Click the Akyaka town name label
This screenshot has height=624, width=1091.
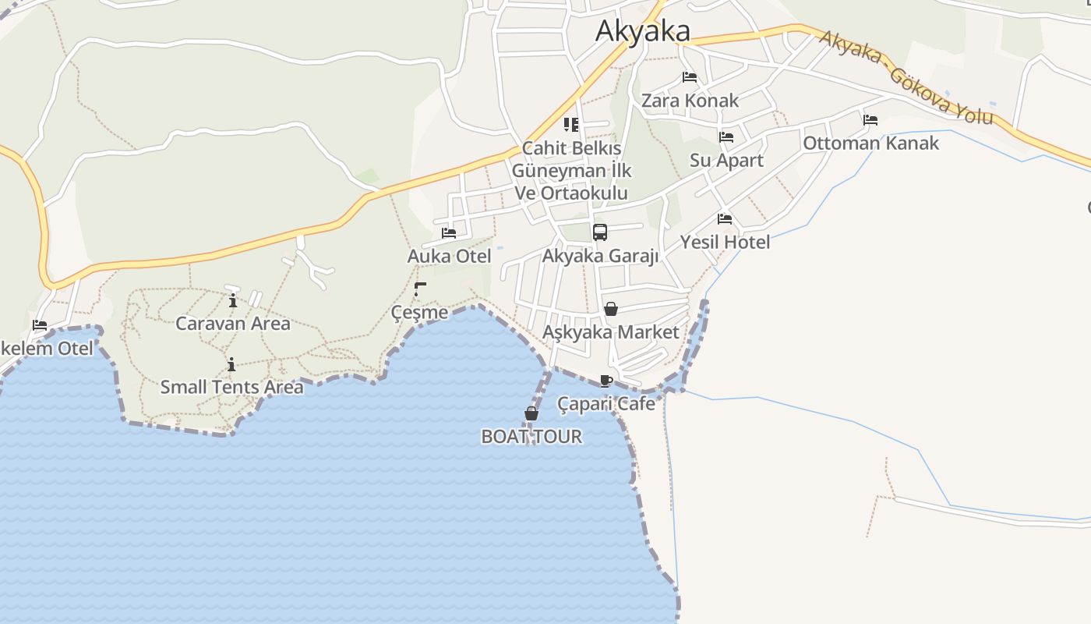pos(642,31)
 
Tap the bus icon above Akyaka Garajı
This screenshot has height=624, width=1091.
pos(599,232)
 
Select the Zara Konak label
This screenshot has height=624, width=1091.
pos(690,101)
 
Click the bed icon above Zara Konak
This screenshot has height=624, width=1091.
pos(689,77)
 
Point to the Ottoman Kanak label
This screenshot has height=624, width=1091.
pos(870,144)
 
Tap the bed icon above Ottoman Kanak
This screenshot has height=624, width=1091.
pos(870,120)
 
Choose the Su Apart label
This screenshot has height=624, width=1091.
pos(726,161)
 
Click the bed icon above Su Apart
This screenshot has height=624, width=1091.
pos(726,137)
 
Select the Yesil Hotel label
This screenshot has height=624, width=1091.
pos(725,243)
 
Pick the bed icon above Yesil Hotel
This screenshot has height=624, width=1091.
pos(725,219)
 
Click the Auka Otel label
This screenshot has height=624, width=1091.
pos(449,257)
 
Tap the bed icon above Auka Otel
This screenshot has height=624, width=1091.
pos(449,232)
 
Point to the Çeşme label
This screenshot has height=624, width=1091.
pos(419,313)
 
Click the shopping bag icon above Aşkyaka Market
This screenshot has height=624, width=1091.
pos(611,309)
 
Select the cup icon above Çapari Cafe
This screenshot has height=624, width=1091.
pos(606,381)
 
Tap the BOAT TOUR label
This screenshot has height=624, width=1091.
pos(531,437)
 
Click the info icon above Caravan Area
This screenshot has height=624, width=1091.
pos(232,300)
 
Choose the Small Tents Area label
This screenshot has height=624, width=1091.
pos(231,387)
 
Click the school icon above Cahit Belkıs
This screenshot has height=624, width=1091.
pos(571,125)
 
